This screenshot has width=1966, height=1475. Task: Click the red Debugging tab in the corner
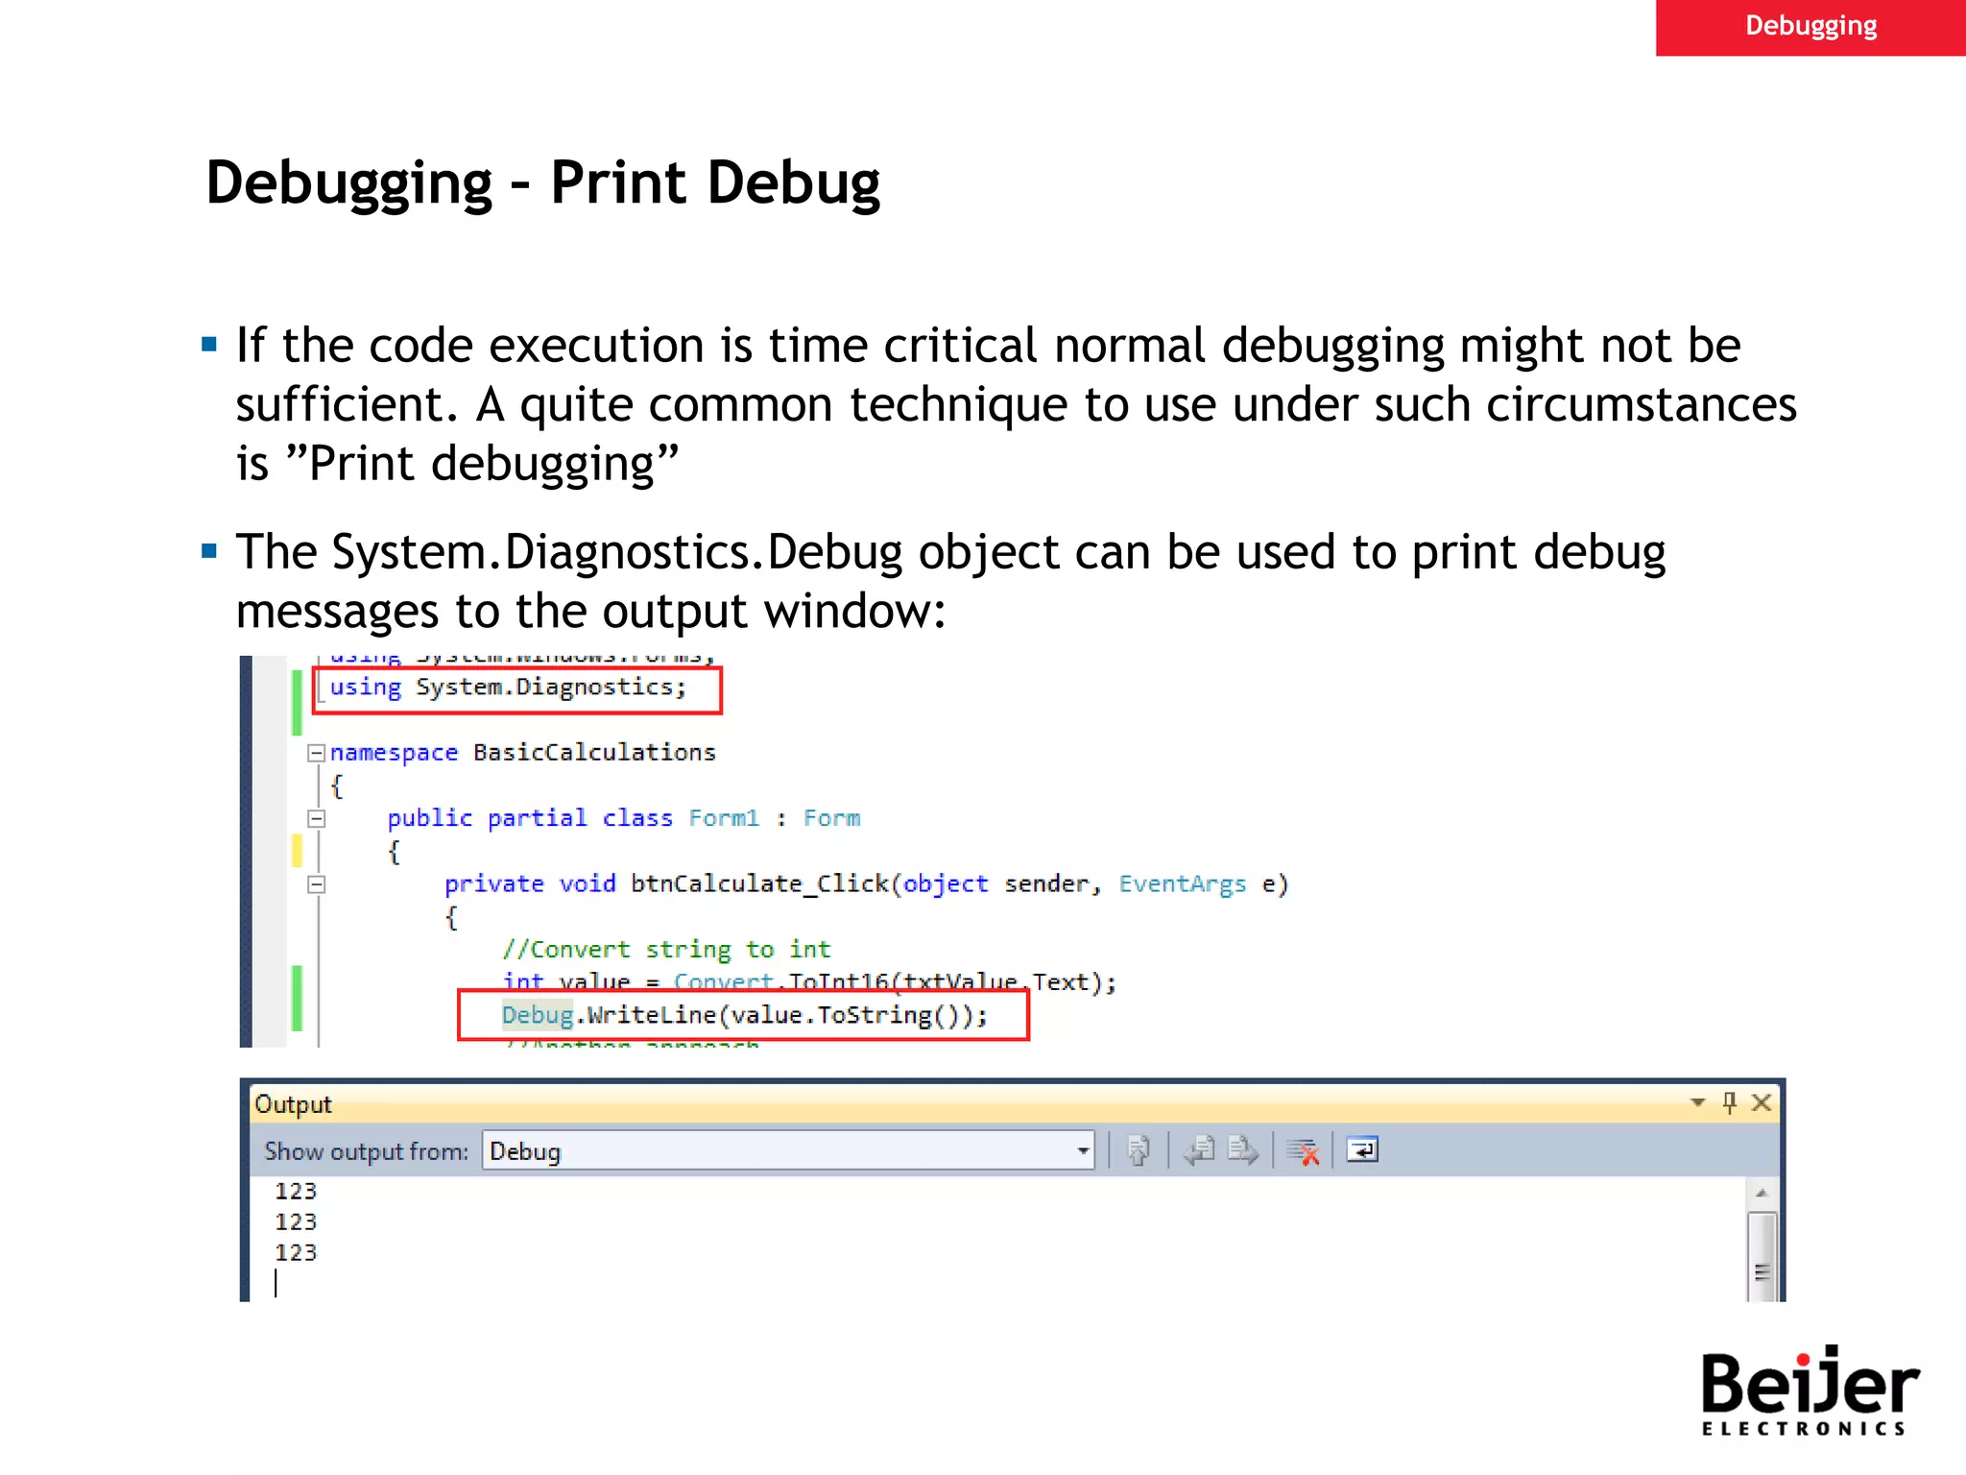pos(1810,27)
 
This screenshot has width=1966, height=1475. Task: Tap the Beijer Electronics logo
pos(1809,1390)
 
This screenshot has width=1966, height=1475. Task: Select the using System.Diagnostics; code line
pos(508,688)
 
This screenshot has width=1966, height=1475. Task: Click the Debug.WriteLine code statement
pos(744,1015)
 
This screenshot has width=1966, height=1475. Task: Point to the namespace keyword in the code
pos(394,753)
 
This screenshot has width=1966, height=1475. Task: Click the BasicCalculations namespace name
pos(594,753)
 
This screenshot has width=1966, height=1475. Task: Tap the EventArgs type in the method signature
pos(1182,883)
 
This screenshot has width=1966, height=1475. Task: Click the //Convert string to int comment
pos(666,950)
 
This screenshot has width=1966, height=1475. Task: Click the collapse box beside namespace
pos(316,753)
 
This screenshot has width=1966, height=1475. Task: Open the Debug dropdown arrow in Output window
pos(1083,1150)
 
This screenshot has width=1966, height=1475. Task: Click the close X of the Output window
pos(1762,1102)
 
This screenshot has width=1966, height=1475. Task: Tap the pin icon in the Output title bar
pos(1730,1102)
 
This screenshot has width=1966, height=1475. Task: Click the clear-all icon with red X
pos(1303,1150)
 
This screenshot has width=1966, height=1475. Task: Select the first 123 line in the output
pos(296,1192)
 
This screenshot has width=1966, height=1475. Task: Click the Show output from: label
pos(366,1151)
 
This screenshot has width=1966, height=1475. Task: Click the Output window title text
pos(293,1104)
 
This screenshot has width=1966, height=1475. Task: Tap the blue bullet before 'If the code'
pos(209,344)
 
